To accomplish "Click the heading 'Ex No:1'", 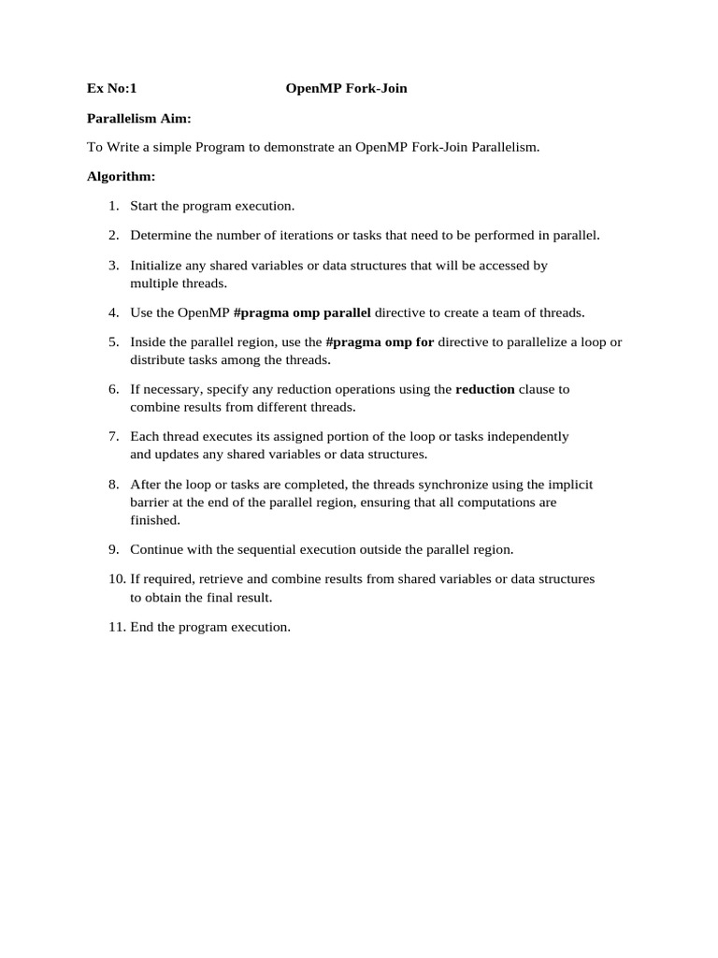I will (x=112, y=89).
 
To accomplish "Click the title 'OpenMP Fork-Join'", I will (x=346, y=89).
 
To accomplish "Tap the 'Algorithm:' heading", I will (x=122, y=176).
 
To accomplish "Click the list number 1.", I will (x=113, y=206).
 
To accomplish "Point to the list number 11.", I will (x=116, y=627).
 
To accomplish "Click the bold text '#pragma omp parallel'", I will (x=302, y=312).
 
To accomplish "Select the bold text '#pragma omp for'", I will (x=380, y=342).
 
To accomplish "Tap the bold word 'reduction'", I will (x=484, y=389).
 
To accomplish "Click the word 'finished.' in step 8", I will (x=155, y=520).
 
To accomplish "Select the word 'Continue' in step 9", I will (x=157, y=550).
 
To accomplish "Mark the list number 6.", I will (x=113, y=389).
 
